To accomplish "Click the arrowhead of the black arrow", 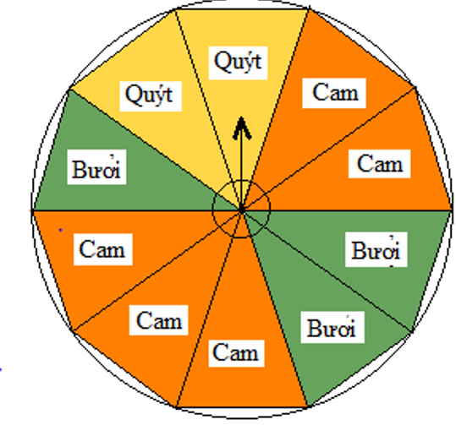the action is point(242,128).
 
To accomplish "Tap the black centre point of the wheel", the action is point(241,210).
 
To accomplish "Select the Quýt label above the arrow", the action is point(238,63).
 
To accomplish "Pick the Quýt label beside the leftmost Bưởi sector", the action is point(151,96).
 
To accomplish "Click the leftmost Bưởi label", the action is point(96,166).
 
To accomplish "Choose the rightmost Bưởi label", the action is point(376,249).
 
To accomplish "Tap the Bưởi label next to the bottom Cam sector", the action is point(332,327).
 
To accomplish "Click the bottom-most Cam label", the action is point(236,353).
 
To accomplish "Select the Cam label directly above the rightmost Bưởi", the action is point(379,164).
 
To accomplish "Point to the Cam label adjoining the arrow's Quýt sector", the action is point(334,93).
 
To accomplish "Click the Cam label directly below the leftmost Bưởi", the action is point(103,249).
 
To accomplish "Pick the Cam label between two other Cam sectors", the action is point(159,320).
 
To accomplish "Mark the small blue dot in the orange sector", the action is point(61,230).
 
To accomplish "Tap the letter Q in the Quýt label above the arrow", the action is point(222,62).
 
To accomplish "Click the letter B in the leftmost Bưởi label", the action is point(79,169).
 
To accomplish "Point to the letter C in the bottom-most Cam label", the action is point(220,352).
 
